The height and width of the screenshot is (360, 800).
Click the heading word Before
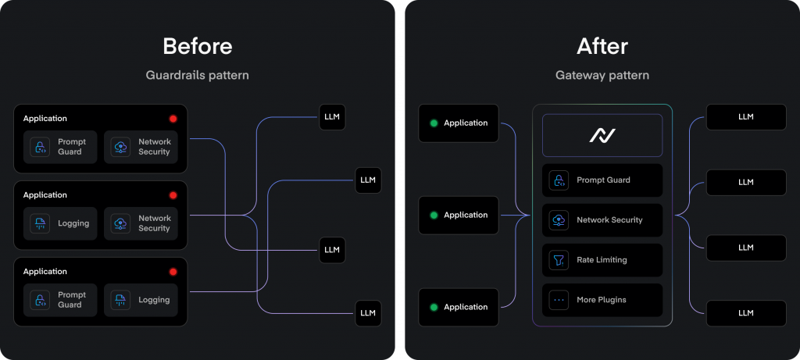[x=197, y=46]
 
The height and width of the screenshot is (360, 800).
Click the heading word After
[x=602, y=46]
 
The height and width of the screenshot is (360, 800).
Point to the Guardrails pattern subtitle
[x=197, y=76]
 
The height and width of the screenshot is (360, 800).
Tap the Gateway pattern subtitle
[x=602, y=76]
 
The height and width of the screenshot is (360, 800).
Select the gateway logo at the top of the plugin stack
[x=602, y=136]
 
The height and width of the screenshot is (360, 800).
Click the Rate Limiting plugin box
[x=602, y=260]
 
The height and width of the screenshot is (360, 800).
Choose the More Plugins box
[x=602, y=300]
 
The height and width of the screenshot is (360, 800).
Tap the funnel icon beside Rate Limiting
[x=559, y=260]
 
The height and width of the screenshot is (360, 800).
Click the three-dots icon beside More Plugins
[x=559, y=300]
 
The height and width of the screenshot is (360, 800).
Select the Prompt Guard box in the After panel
[x=602, y=180]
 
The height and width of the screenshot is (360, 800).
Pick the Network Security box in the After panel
[x=602, y=220]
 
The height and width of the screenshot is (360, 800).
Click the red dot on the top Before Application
[x=173, y=119]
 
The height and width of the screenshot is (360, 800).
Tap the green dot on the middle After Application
[x=433, y=215]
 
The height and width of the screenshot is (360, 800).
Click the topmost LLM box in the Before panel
[x=332, y=118]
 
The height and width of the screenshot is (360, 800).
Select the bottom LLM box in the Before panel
[x=368, y=313]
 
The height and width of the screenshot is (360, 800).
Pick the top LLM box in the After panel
[x=745, y=117]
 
